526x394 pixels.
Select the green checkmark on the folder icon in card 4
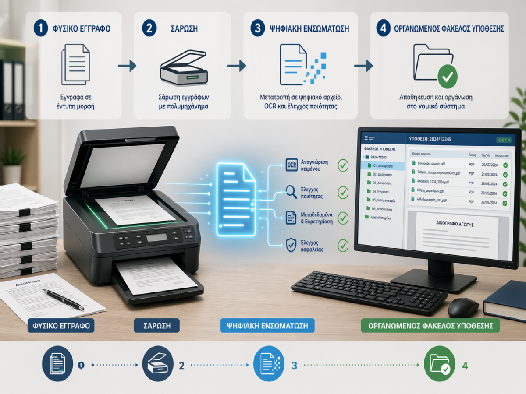point(447,77)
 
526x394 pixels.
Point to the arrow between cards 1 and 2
point(127,66)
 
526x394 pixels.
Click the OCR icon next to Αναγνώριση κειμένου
point(291,165)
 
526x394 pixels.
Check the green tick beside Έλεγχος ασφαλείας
point(342,245)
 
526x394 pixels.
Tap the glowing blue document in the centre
point(236,199)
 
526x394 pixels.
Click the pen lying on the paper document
point(63,299)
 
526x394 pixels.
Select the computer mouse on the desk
point(463,307)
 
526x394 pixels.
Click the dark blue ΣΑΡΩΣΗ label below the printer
point(156,326)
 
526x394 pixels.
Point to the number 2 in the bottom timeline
point(181,365)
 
